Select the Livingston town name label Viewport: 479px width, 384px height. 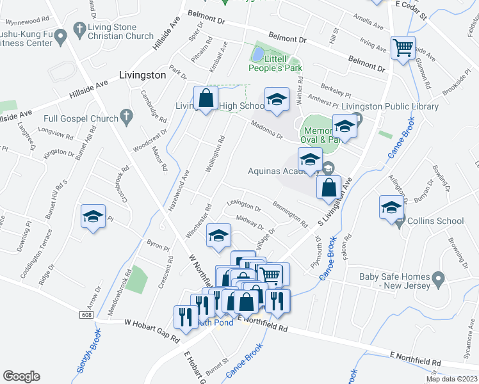[142, 75]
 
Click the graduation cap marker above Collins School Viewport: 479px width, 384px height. [391, 207]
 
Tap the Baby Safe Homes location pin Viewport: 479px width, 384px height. [438, 279]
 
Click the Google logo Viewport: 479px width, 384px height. [22, 376]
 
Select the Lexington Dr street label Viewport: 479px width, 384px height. [244, 208]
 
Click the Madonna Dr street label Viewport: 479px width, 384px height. [266, 130]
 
